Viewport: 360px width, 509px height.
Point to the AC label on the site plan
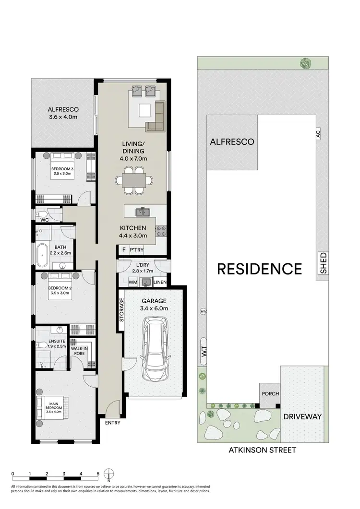click(317, 136)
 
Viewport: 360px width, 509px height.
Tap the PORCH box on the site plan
click(270, 393)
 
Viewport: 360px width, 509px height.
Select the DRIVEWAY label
click(301, 416)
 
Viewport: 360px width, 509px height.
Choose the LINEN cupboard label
click(160, 283)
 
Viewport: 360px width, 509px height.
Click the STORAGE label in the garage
click(122, 310)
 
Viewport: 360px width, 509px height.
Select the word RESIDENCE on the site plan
click(260, 269)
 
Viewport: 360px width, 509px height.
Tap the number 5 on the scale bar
click(98, 473)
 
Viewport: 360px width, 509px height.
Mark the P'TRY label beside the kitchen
click(136, 250)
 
